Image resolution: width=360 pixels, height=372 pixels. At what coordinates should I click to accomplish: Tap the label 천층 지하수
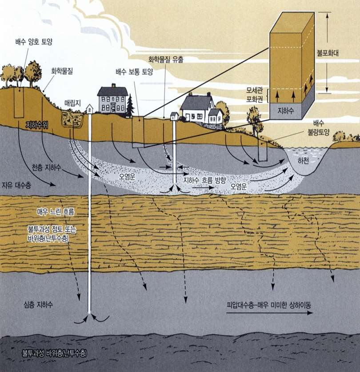coord(46,167)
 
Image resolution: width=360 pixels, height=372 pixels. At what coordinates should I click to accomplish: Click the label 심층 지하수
coord(38,305)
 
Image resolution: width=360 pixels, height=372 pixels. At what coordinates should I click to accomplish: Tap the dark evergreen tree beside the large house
coord(130,106)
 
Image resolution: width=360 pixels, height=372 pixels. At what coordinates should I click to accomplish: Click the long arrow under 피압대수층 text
coord(270,313)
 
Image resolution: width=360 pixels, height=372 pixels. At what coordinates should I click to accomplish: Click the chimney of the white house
coord(190,95)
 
